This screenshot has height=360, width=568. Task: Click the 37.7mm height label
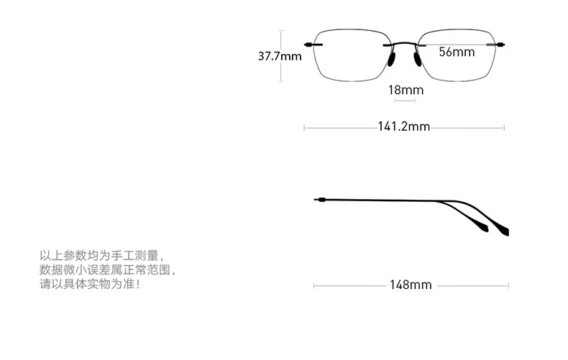pyautogui.click(x=279, y=56)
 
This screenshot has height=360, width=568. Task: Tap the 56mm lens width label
pyautogui.click(x=457, y=52)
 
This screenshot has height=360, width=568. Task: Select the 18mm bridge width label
pyautogui.click(x=406, y=90)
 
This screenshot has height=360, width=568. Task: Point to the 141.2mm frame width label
pyautogui.click(x=404, y=126)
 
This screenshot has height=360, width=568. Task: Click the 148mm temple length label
pyautogui.click(x=411, y=285)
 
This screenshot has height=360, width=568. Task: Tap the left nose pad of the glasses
pyautogui.click(x=391, y=59)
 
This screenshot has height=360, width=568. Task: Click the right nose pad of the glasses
pyautogui.click(x=418, y=59)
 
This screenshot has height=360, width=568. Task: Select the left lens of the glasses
pyautogui.click(x=313, y=55)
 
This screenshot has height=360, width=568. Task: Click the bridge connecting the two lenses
pyautogui.click(x=404, y=43)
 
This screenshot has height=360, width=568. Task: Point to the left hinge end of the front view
pyautogui.click(x=308, y=45)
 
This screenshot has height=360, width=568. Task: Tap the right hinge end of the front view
pyautogui.click(x=500, y=45)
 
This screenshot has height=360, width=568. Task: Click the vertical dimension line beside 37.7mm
pyautogui.click(x=281, y=56)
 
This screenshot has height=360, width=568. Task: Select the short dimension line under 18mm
pyautogui.click(x=404, y=101)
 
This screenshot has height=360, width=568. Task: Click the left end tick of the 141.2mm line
pyautogui.click(x=304, y=127)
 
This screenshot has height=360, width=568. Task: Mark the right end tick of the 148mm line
pyautogui.click(x=508, y=286)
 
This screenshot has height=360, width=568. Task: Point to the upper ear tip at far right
pyautogui.click(x=506, y=232)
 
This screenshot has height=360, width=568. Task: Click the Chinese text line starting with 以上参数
pyautogui.click(x=101, y=256)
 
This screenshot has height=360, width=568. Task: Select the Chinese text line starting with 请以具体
pyautogui.click(x=89, y=284)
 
